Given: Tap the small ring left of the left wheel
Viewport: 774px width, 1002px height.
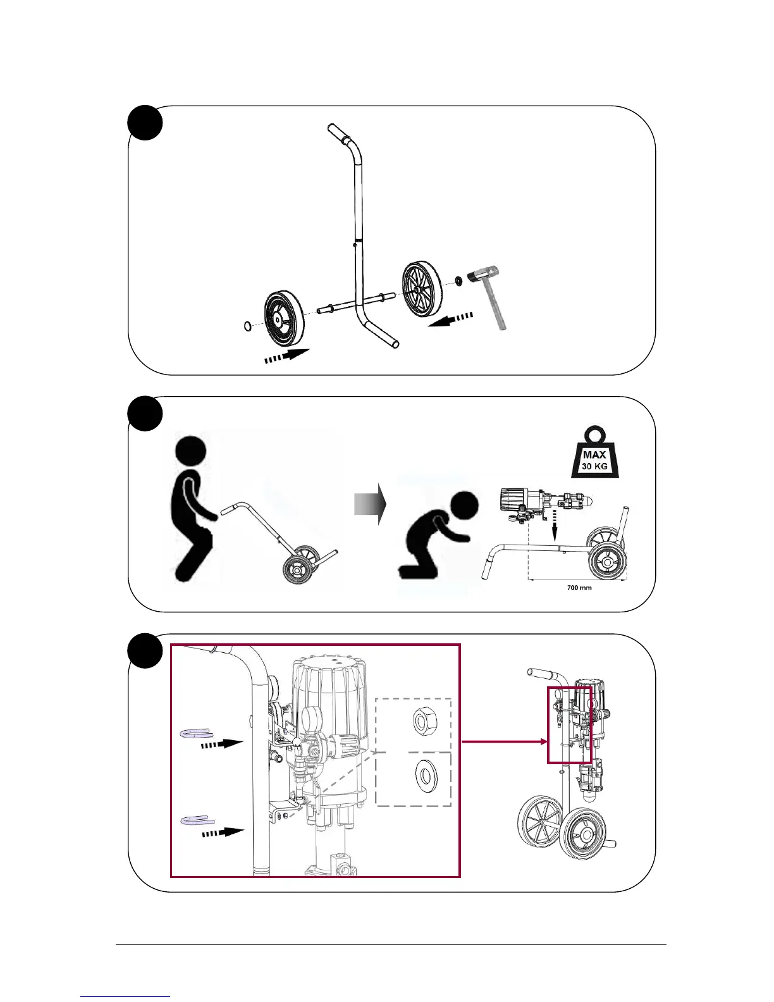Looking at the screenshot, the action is pos(249,326).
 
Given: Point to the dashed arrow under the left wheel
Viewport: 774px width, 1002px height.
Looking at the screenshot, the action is pos(286,357).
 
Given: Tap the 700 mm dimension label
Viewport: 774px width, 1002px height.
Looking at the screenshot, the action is pos(579,588).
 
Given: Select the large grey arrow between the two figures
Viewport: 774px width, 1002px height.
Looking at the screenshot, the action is pos(370,504).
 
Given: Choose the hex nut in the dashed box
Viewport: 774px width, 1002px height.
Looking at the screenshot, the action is pos(422,721).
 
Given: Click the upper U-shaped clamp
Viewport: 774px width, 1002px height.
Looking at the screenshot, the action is pos(197,733).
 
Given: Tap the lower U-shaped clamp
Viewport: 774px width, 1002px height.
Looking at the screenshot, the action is pos(197,820).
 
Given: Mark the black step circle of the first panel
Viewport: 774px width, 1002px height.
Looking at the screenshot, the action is pos(145,123).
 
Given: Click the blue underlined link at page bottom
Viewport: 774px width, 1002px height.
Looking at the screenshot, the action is pos(125,996).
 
